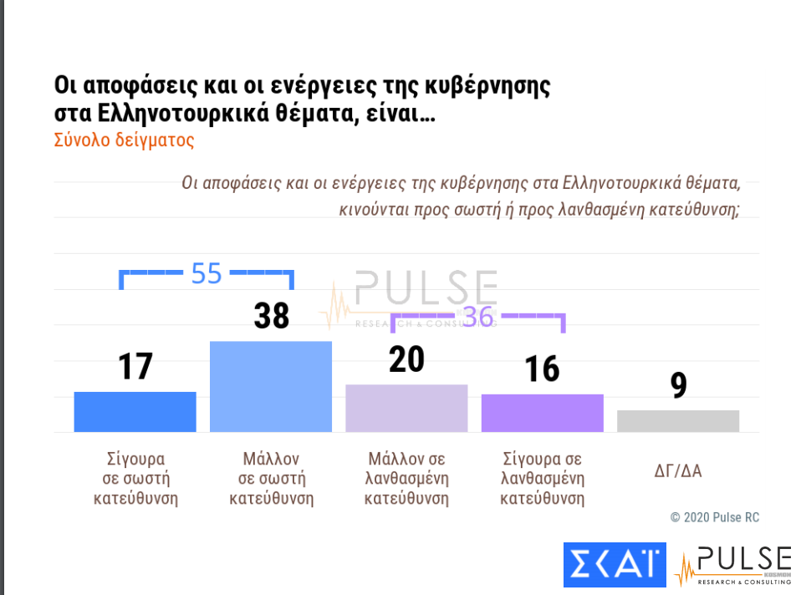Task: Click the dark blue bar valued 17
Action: pyautogui.click(x=135, y=412)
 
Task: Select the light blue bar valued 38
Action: pyautogui.click(x=270, y=387)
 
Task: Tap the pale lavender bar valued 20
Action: pyautogui.click(x=406, y=409)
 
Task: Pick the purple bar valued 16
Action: pyautogui.click(x=542, y=413)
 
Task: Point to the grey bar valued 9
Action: pyautogui.click(x=678, y=421)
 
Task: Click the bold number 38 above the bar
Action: pyautogui.click(x=271, y=317)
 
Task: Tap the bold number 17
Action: pyautogui.click(x=135, y=366)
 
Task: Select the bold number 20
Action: pyautogui.click(x=406, y=359)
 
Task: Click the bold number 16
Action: pyautogui.click(x=542, y=369)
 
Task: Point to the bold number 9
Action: pyautogui.click(x=678, y=386)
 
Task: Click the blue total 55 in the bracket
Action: pyautogui.click(x=207, y=273)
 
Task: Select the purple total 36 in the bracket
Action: pyautogui.click(x=478, y=317)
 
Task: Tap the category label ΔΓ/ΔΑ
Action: pyautogui.click(x=678, y=470)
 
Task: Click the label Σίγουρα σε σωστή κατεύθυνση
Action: pyautogui.click(x=135, y=480)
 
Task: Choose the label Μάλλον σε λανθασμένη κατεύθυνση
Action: pyautogui.click(x=406, y=480)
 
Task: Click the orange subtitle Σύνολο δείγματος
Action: pyautogui.click(x=124, y=140)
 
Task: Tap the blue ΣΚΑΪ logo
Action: pyautogui.click(x=614, y=565)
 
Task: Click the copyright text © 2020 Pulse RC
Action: pyautogui.click(x=715, y=517)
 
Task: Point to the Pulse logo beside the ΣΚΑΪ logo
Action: pyautogui.click(x=732, y=566)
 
